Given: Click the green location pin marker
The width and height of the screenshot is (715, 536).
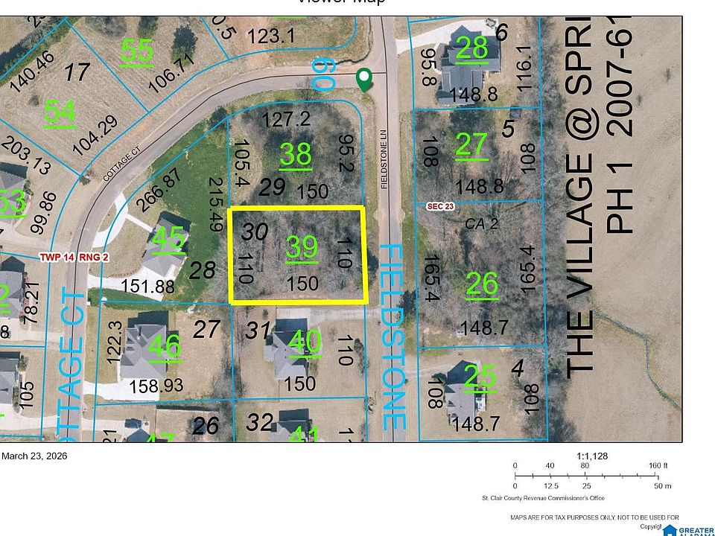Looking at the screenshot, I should coord(364,79).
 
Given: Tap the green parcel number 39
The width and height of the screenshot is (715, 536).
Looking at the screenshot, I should coord(302,246).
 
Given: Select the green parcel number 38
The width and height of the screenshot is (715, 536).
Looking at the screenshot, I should coord(295,155).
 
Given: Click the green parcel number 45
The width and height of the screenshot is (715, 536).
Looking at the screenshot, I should coord(168,240).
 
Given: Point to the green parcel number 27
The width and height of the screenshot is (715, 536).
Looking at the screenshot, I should coord(471,145).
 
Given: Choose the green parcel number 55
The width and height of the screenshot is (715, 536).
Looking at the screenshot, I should coord(137,50).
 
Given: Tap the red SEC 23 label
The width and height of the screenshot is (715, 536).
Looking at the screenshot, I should coord(440,206).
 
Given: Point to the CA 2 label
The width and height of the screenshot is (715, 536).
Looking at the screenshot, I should coord(480,223).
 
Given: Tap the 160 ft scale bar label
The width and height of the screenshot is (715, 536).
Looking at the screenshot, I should coord(658,465).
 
